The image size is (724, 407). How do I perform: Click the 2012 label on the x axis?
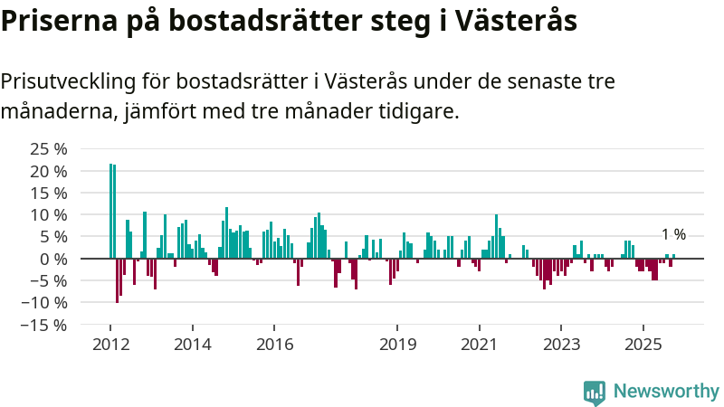[110, 345]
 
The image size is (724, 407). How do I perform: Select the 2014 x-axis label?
[192, 345]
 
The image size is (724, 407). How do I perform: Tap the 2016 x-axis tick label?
[274, 345]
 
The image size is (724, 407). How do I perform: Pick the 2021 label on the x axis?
[479, 345]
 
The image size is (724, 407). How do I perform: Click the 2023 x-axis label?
[561, 345]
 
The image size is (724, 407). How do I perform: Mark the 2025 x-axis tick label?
[643, 345]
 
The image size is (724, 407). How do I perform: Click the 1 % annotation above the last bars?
[673, 234]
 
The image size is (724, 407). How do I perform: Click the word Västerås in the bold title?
[519, 21]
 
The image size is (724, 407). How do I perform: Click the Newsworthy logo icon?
[595, 392]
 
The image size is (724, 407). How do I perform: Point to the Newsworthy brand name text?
[666, 392]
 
